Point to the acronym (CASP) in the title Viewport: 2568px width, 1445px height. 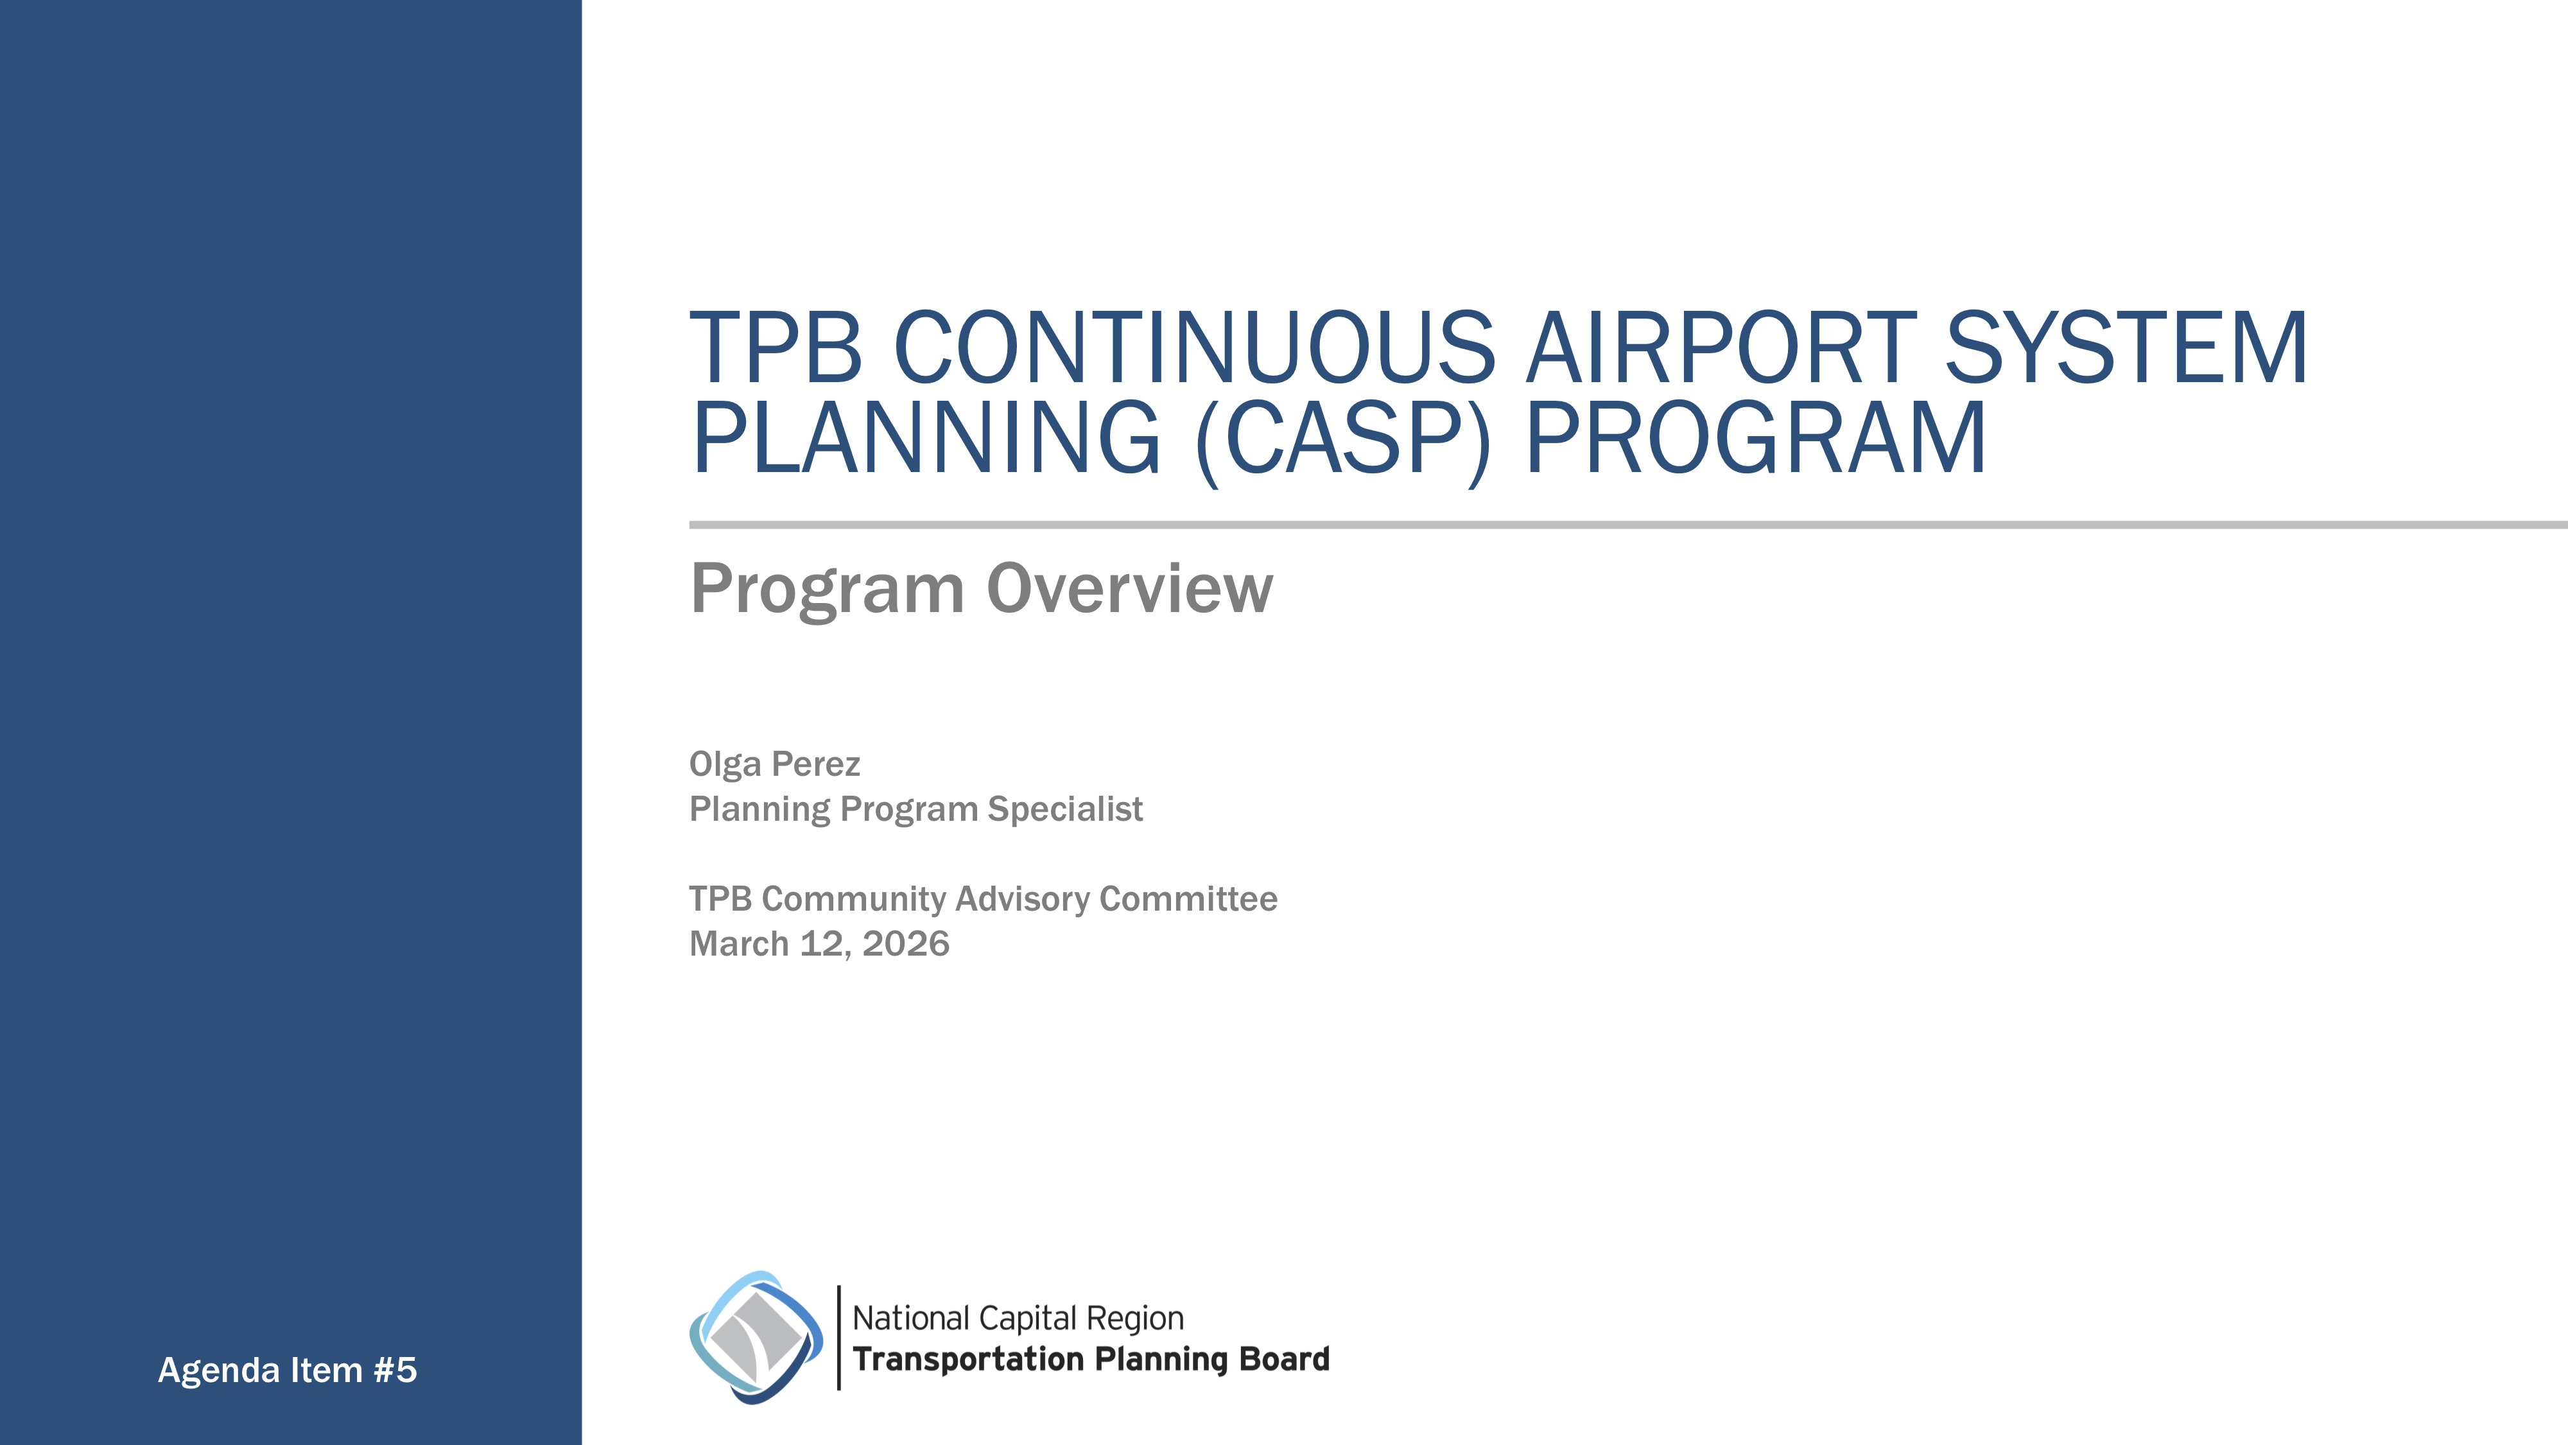tap(1342, 439)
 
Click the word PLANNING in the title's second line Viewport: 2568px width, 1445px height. tap(926, 439)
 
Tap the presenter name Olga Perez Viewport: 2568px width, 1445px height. tap(775, 764)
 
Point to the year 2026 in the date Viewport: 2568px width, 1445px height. tap(905, 943)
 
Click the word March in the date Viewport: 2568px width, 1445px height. tap(739, 943)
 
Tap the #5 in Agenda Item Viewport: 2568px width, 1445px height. tap(395, 1371)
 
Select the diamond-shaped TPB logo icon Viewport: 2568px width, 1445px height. tap(756, 1337)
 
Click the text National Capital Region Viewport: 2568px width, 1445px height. tap(1018, 1318)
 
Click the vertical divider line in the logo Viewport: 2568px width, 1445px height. tap(839, 1337)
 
